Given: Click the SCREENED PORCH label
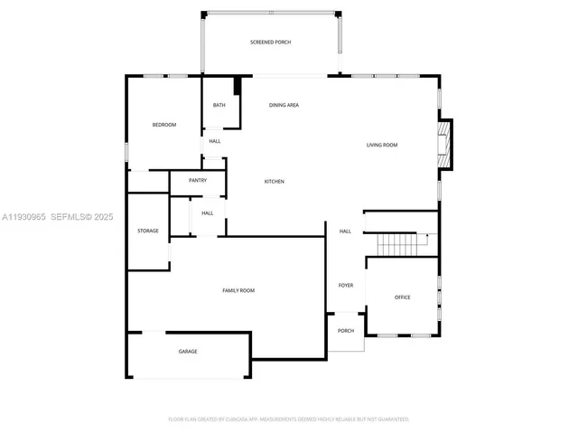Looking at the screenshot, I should [x=270, y=42].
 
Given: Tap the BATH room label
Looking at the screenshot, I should [x=219, y=106].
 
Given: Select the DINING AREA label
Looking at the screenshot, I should [x=284, y=106].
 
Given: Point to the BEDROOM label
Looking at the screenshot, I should [x=163, y=125].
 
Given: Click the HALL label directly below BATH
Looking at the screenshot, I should [x=215, y=141].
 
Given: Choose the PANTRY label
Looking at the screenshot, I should [x=198, y=181].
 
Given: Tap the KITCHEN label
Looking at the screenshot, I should [x=274, y=182].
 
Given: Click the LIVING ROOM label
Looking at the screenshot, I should [x=381, y=145].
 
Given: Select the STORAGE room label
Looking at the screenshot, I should [x=148, y=231].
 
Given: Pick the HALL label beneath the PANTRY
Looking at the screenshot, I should [x=207, y=213].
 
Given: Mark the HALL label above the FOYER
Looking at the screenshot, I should [x=345, y=231].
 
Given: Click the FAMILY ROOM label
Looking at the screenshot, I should [x=238, y=290].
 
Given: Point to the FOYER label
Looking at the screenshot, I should [x=346, y=286].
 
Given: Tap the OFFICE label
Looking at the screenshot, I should [x=402, y=297].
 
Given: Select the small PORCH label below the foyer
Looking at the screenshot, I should [x=346, y=330].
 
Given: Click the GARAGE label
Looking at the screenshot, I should [x=187, y=351].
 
